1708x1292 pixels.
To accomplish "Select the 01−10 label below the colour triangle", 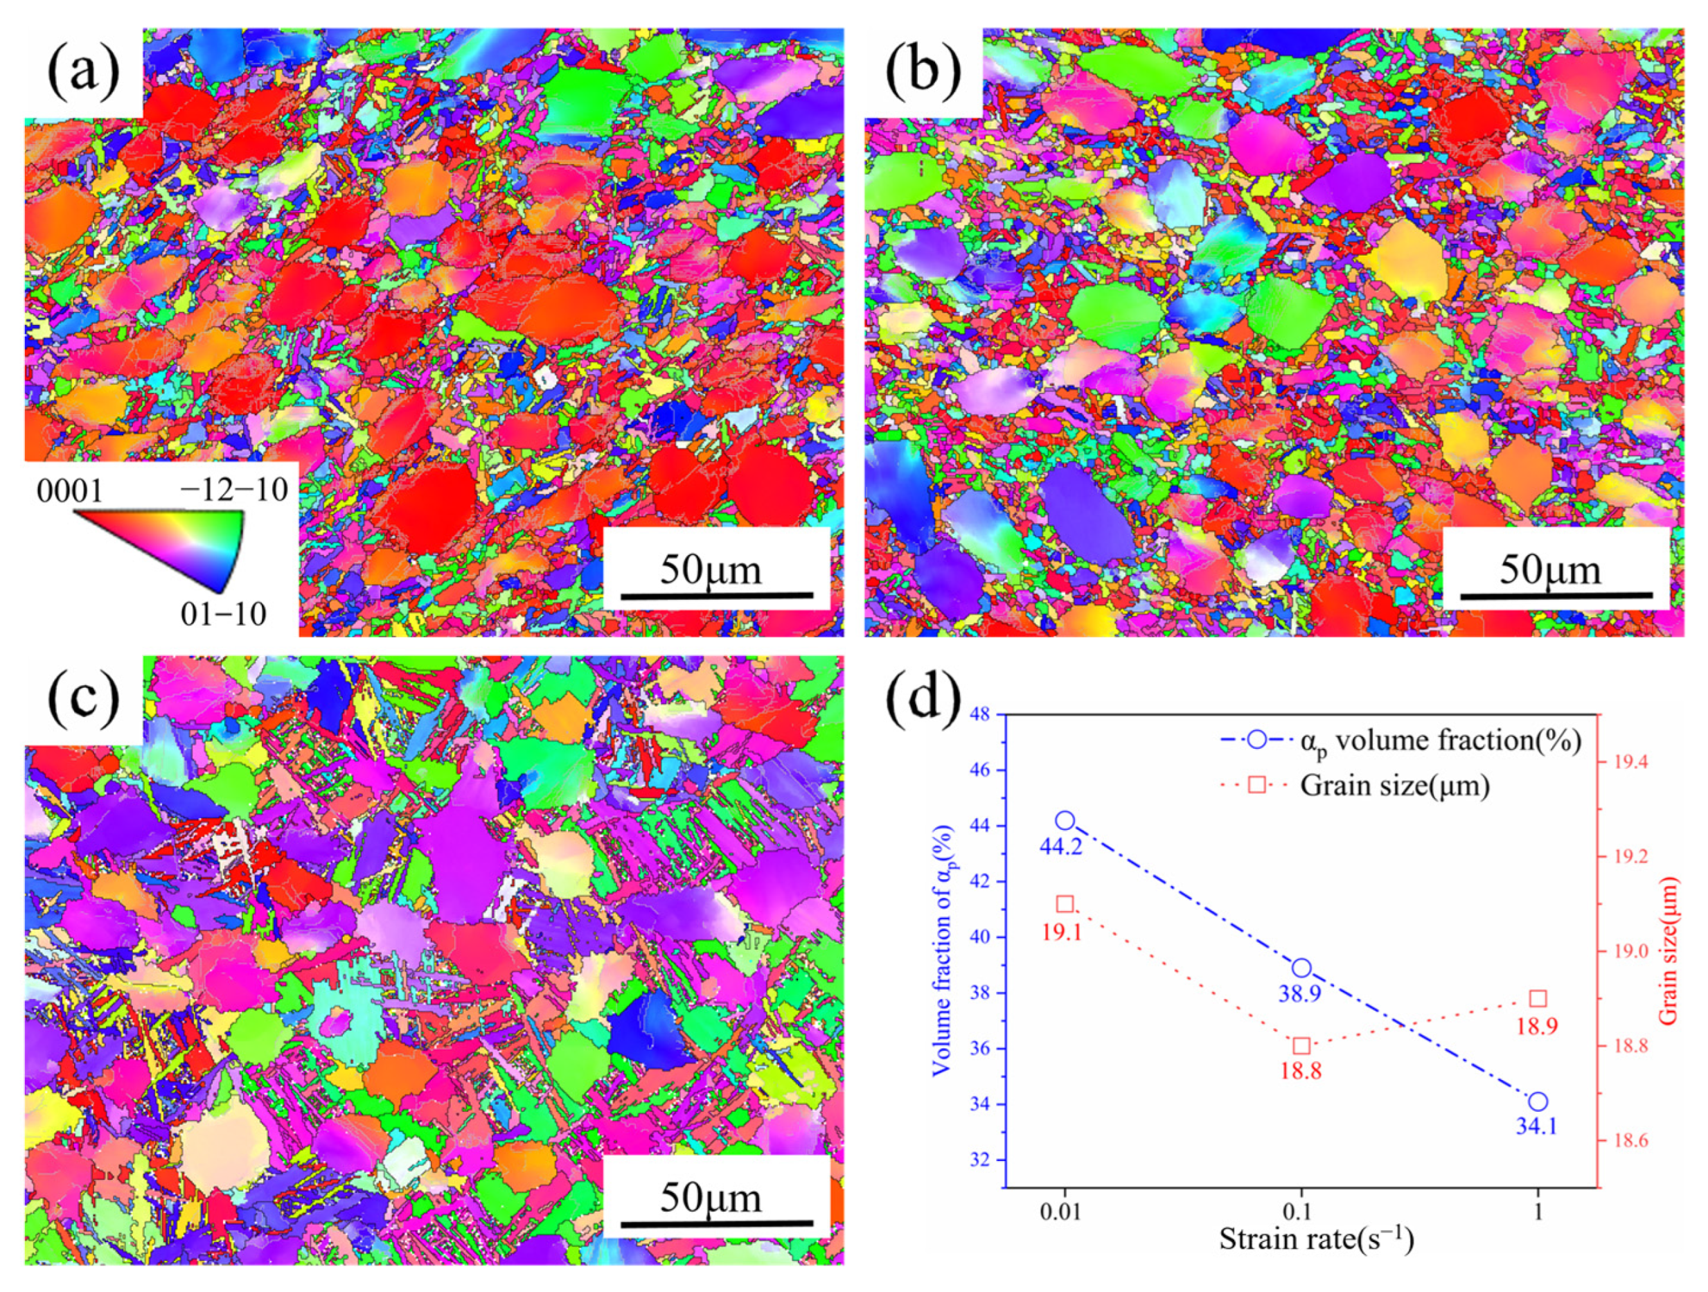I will click(223, 613).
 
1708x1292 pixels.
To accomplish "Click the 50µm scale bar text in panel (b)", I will click(1551, 570).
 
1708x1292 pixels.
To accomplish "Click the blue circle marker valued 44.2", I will click(1065, 820).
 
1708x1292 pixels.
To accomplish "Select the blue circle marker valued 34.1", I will click(1538, 1101).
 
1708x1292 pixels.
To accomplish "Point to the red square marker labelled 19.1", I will click(1065, 904).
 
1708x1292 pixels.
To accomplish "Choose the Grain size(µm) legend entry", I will click(1394, 785).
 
